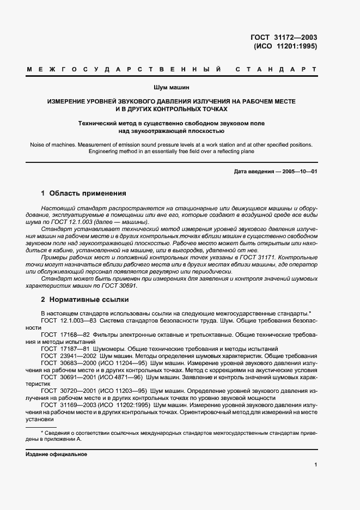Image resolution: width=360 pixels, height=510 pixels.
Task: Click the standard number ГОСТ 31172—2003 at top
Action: coord(283,38)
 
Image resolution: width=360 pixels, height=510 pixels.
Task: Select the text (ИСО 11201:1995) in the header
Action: coord(285,46)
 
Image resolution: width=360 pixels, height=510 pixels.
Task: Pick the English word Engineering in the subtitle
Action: coord(105,152)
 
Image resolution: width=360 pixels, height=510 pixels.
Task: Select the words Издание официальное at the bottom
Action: coord(56,454)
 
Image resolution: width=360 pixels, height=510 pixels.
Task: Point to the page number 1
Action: coord(315,465)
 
